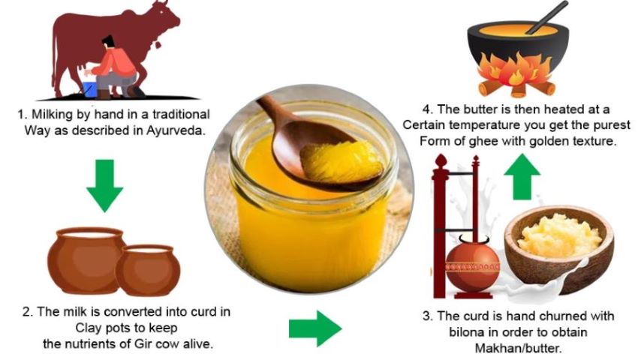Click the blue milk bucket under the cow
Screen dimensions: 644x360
click(x=89, y=89)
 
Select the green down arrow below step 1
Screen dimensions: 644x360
click(x=105, y=185)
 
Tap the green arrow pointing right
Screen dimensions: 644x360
click(x=315, y=328)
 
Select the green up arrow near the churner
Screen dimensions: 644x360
click(x=522, y=176)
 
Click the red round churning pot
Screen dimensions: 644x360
click(x=473, y=264)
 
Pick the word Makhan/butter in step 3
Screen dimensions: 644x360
click(x=519, y=348)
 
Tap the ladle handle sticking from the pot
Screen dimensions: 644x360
click(x=546, y=17)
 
